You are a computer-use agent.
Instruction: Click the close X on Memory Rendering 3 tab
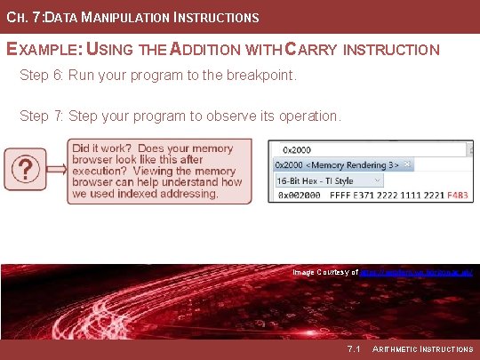click(x=407, y=164)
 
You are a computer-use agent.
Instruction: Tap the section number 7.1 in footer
click(x=353, y=349)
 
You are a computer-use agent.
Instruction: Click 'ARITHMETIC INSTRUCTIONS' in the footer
click(x=422, y=349)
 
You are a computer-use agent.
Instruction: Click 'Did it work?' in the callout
click(x=102, y=149)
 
